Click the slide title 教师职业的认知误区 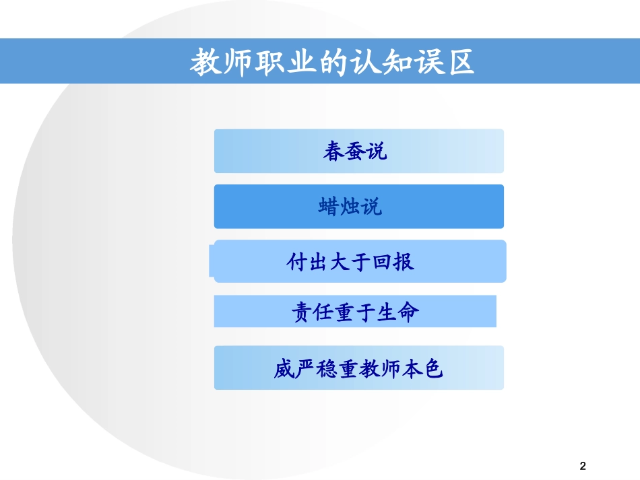point(332,62)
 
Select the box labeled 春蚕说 point(358,151)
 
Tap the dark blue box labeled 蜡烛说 point(358,207)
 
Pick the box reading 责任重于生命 point(355,312)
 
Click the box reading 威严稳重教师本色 point(358,368)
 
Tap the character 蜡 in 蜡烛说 point(329,207)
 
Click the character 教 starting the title point(205,63)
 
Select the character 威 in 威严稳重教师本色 point(285,368)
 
